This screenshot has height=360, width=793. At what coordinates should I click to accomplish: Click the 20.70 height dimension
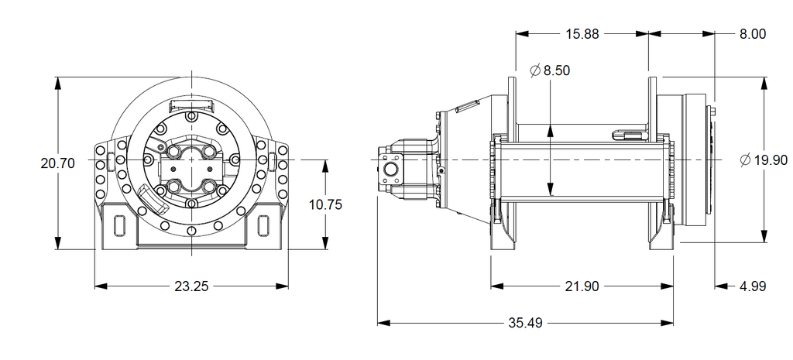click(x=57, y=163)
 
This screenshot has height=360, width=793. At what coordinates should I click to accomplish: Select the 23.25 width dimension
click(x=192, y=286)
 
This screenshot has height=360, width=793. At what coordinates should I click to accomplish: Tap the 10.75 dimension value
click(x=326, y=204)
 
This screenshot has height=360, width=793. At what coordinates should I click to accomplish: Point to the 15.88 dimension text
click(x=582, y=34)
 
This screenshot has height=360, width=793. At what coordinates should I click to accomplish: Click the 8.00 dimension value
click(x=753, y=34)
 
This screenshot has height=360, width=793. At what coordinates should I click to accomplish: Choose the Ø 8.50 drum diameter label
click(x=550, y=70)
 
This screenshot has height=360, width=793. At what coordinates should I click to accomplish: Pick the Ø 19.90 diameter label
click(x=764, y=160)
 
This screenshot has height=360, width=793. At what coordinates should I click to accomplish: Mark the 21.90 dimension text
click(x=582, y=286)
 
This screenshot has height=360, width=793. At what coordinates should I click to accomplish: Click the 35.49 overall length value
click(x=525, y=323)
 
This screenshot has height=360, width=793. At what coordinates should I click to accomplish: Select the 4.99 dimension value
click(x=753, y=286)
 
